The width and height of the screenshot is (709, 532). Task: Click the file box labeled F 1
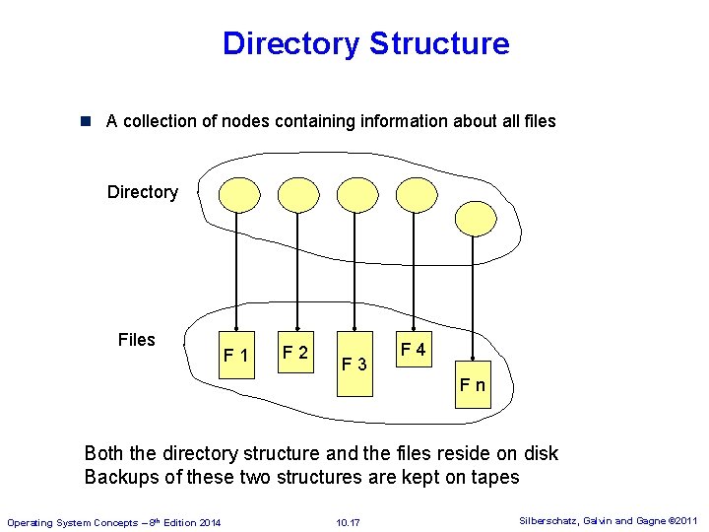[x=236, y=354]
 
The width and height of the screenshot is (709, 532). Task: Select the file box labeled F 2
[x=295, y=352]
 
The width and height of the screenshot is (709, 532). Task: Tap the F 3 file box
[x=354, y=364]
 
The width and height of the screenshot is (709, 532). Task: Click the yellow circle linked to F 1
[x=236, y=194]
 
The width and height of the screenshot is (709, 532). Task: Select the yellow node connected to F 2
[x=296, y=194]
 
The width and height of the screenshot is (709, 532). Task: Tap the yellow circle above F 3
[x=356, y=194]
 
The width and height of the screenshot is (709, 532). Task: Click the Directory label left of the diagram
[x=143, y=192]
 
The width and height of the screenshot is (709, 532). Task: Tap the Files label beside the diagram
[x=136, y=340]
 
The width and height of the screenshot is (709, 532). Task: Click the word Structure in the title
[x=439, y=43]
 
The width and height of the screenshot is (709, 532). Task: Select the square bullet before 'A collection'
[x=86, y=121]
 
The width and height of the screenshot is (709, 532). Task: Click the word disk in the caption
[x=538, y=454]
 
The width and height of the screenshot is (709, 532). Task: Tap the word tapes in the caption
[x=494, y=479]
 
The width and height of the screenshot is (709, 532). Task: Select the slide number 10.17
[x=348, y=521]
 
